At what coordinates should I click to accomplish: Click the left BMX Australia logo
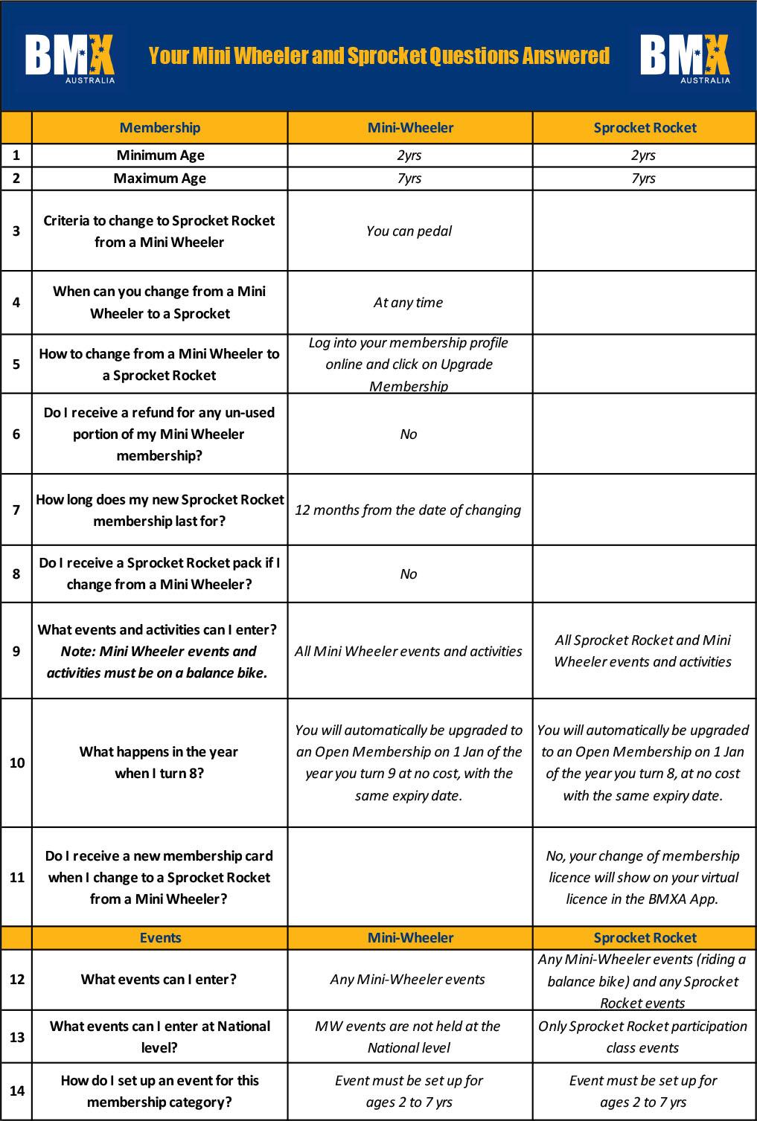click(x=70, y=57)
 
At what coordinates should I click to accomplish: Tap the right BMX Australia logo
click(x=685, y=57)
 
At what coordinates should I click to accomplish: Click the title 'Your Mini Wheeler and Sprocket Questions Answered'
click(x=379, y=57)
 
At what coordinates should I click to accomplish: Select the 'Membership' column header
click(x=159, y=128)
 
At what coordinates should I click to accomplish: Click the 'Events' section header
click(x=160, y=938)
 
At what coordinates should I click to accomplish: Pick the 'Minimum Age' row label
click(x=160, y=155)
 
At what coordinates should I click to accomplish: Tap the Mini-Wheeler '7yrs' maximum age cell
click(x=409, y=179)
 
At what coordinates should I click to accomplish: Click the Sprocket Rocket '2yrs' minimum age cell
click(x=643, y=155)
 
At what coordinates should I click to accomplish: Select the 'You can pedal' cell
click(x=409, y=231)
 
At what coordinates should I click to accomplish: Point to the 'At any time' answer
click(x=408, y=303)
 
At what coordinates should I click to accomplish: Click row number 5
click(x=16, y=364)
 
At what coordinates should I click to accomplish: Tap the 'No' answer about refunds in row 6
click(x=409, y=434)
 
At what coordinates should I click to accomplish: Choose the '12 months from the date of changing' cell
click(x=408, y=510)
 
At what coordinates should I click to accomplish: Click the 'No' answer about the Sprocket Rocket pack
click(x=409, y=574)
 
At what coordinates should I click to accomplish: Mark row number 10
click(x=16, y=763)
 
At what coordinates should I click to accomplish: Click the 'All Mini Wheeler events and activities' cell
click(x=409, y=652)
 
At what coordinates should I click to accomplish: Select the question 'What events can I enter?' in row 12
click(x=159, y=980)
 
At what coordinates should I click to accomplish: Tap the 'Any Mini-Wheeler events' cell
click(x=408, y=980)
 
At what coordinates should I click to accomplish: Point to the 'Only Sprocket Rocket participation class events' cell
click(x=642, y=1037)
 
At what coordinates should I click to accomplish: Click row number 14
click(x=16, y=1091)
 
